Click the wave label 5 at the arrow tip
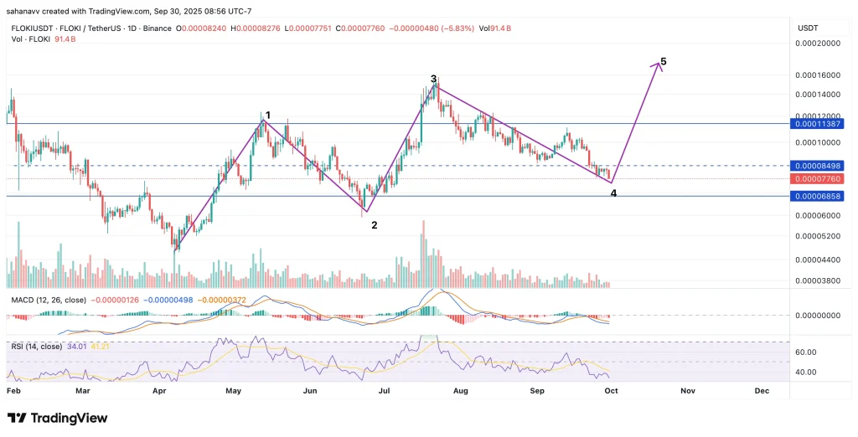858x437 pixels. (x=664, y=62)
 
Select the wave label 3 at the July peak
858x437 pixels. (x=433, y=79)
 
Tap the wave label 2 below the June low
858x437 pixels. (x=374, y=224)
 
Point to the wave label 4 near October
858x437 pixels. (x=614, y=193)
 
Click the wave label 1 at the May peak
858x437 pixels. (x=267, y=115)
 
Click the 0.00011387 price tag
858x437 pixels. (x=821, y=123)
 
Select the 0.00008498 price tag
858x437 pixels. (x=821, y=166)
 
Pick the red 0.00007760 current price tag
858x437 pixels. (x=821, y=178)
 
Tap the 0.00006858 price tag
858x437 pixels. (x=821, y=196)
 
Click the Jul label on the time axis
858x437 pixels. (x=385, y=390)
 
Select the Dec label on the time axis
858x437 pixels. (x=762, y=390)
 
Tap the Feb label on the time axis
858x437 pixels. (x=13, y=390)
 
